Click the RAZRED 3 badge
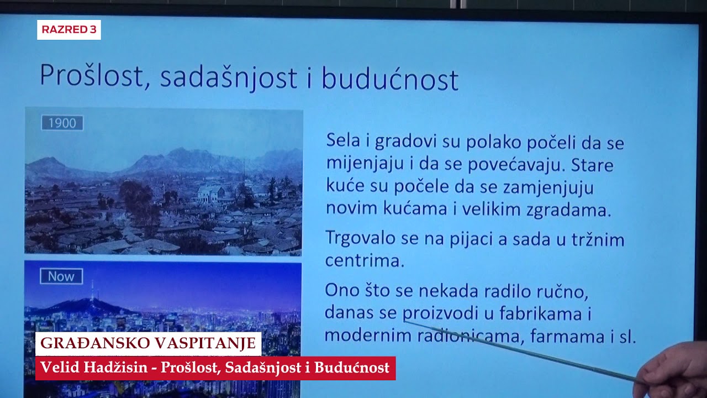[x=69, y=30]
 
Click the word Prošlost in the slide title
[x=92, y=77]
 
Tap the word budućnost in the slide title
[x=390, y=80]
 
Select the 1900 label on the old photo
[x=62, y=123]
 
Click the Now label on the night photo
[x=61, y=276]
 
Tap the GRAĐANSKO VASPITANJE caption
[x=149, y=343]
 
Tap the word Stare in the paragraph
[x=592, y=165]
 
